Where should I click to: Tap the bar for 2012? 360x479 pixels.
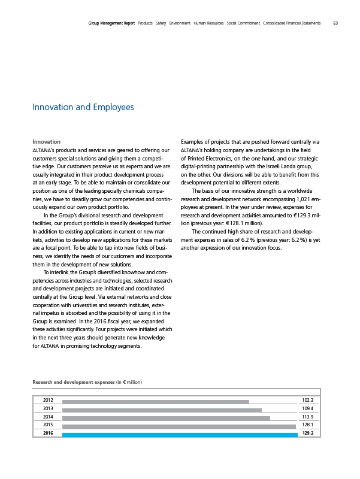point(155,401)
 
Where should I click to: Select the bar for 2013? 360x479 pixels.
point(162,410)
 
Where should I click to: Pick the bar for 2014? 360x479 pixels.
point(166,418)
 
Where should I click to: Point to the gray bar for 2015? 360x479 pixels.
point(179,426)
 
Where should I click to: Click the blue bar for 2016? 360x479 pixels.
point(180,434)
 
